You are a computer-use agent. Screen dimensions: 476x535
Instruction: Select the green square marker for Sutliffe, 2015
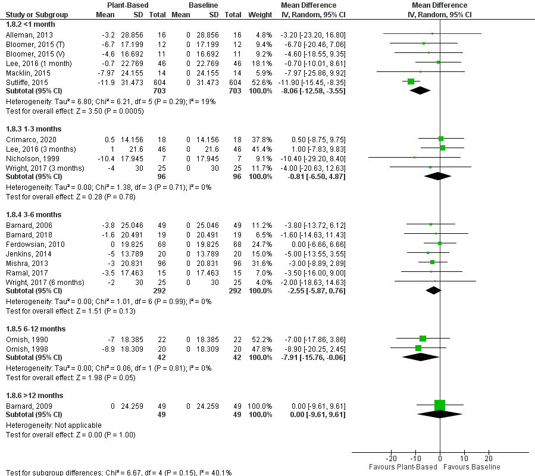click(411, 81)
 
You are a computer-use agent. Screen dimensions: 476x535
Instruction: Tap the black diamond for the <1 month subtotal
click(420, 90)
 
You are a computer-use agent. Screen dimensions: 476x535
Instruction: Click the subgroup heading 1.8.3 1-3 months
click(33, 129)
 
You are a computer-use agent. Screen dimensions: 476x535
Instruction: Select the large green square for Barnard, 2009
click(440, 405)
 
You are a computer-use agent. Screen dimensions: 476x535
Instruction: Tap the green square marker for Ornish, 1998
click(418, 348)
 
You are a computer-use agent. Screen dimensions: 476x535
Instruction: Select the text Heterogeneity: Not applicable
click(53, 425)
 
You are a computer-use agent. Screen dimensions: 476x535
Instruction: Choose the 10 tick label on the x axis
click(464, 459)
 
